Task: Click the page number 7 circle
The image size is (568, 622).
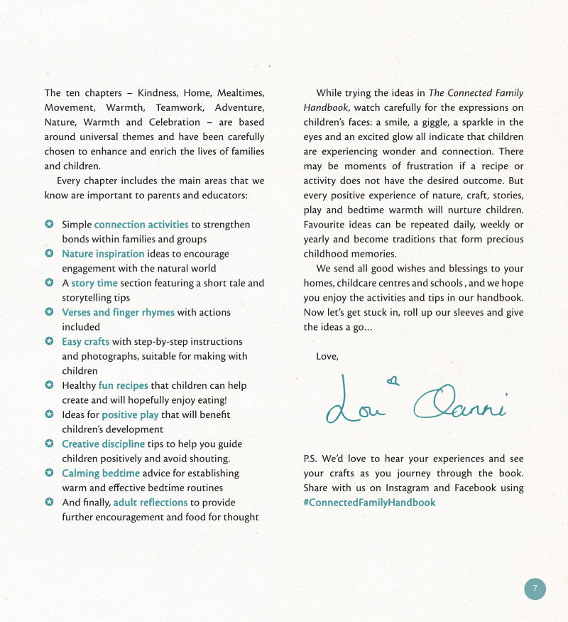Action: (535, 589)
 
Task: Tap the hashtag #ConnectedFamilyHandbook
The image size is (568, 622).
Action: (369, 503)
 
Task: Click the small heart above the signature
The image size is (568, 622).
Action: (393, 382)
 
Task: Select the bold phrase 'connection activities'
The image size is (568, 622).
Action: (141, 225)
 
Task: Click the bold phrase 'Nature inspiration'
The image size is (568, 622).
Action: (103, 254)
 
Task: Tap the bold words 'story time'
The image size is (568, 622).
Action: (94, 283)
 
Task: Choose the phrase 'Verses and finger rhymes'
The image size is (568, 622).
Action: (118, 312)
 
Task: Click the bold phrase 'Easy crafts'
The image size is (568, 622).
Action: (85, 341)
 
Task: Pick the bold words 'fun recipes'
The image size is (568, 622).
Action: (123, 385)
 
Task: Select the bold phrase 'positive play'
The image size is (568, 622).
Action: (130, 414)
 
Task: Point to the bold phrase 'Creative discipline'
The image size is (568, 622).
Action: (103, 444)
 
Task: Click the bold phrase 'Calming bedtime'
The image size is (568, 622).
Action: (101, 473)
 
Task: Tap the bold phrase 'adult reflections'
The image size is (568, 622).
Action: (151, 503)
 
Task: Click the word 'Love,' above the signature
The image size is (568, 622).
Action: (327, 356)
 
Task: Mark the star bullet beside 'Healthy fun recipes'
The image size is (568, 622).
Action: (49, 385)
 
